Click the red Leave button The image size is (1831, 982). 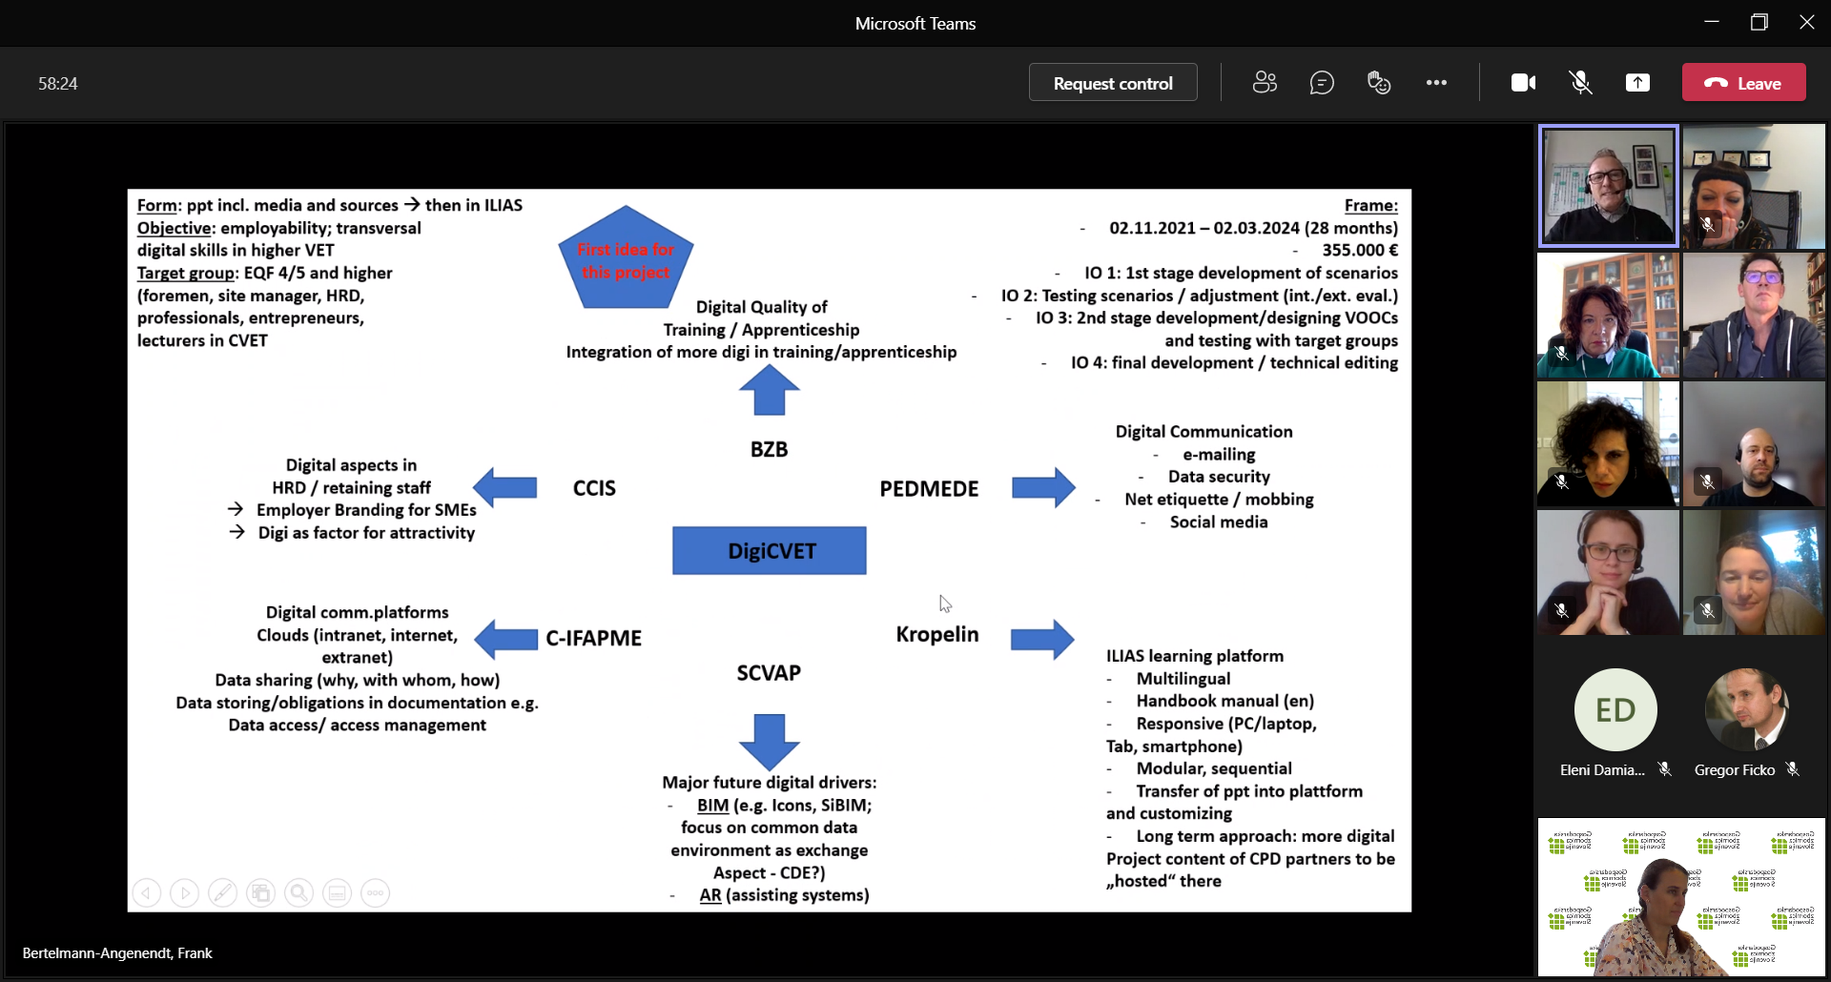[x=1743, y=83]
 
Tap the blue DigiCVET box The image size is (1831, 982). [x=770, y=551]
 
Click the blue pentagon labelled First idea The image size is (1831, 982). [x=626, y=259]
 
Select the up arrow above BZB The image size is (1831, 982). [x=770, y=391]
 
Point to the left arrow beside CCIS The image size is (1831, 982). [x=505, y=488]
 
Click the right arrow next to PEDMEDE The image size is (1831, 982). [x=1043, y=488]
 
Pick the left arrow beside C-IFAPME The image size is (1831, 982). [x=506, y=639]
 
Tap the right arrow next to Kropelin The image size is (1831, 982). [x=1042, y=639]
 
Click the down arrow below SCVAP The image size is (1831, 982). [x=770, y=741]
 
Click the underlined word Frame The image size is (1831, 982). [x=1370, y=205]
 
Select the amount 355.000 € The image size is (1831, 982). [x=1360, y=250]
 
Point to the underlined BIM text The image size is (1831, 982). [x=712, y=806]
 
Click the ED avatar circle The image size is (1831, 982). [x=1615, y=710]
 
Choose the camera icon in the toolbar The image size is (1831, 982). [x=1523, y=83]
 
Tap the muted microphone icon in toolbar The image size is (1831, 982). [x=1580, y=83]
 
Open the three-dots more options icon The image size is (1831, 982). [x=1436, y=83]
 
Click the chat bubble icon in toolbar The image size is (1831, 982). [x=1322, y=83]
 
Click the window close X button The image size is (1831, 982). [x=1806, y=23]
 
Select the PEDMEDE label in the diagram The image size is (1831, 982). [x=929, y=489]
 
